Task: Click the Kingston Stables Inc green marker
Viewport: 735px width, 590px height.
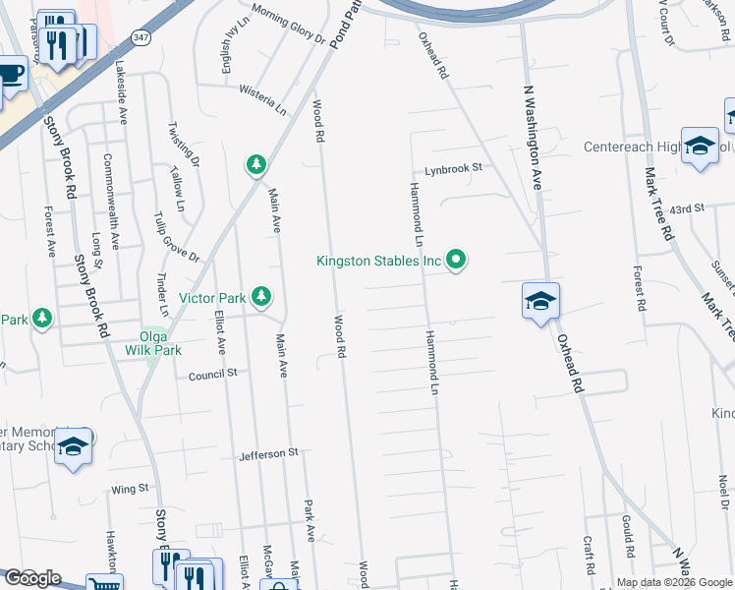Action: (456, 261)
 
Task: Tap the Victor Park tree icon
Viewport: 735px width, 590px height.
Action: (260, 295)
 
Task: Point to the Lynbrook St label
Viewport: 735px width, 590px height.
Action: (453, 168)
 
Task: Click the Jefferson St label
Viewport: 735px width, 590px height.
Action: (268, 454)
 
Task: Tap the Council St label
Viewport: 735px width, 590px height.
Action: (213, 374)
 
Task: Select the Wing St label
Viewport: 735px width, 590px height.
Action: (130, 488)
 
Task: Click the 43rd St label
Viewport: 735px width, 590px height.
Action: (688, 208)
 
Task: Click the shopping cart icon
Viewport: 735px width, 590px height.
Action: (101, 585)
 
